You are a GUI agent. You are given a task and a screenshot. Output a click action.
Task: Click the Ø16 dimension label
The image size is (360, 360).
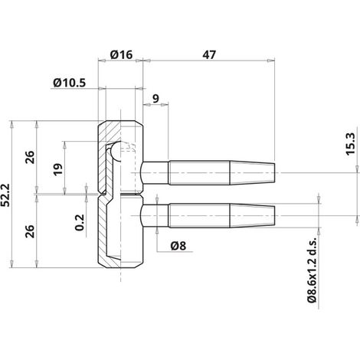pyautogui.click(x=122, y=54)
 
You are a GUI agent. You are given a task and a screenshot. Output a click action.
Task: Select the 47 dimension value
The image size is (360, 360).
pyautogui.click(x=209, y=54)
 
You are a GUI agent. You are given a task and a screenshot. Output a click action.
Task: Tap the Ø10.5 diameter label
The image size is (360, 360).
pyautogui.click(x=70, y=83)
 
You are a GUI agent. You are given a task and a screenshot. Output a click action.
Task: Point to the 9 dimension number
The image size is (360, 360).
pyautogui.click(x=155, y=98)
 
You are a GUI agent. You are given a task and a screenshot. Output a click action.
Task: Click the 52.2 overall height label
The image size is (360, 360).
pyautogui.click(x=5, y=195)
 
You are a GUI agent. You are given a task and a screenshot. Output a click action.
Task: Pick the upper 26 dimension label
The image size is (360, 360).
pyautogui.click(x=30, y=157)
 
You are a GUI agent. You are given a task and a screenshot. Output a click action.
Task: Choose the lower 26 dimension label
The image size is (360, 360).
pyautogui.click(x=30, y=231)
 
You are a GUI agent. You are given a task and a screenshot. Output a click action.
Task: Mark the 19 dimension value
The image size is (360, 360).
pyautogui.click(x=58, y=169)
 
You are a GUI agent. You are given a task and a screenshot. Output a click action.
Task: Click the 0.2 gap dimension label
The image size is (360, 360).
pyautogui.click(x=80, y=222)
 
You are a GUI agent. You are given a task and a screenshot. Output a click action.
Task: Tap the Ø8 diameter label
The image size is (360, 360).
pyautogui.click(x=178, y=246)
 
